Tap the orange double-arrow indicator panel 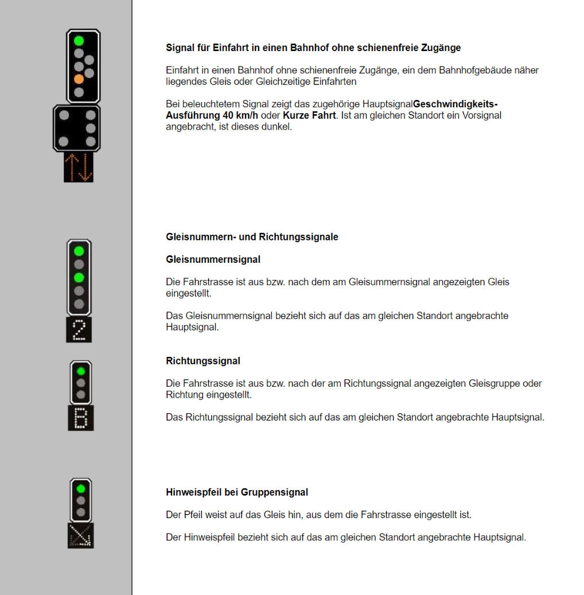[x=79, y=167]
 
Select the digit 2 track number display [x=79, y=329]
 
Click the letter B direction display [x=81, y=418]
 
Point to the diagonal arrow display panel [x=80, y=535]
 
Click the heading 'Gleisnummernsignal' [x=213, y=259]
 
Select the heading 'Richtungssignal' [x=203, y=361]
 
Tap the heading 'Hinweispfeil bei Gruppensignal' [x=237, y=492]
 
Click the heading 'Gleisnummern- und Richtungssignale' [x=252, y=236]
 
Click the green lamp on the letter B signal [x=81, y=371]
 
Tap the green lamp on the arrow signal [x=81, y=488]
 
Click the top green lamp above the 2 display [x=79, y=251]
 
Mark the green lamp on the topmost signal [x=79, y=41]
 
